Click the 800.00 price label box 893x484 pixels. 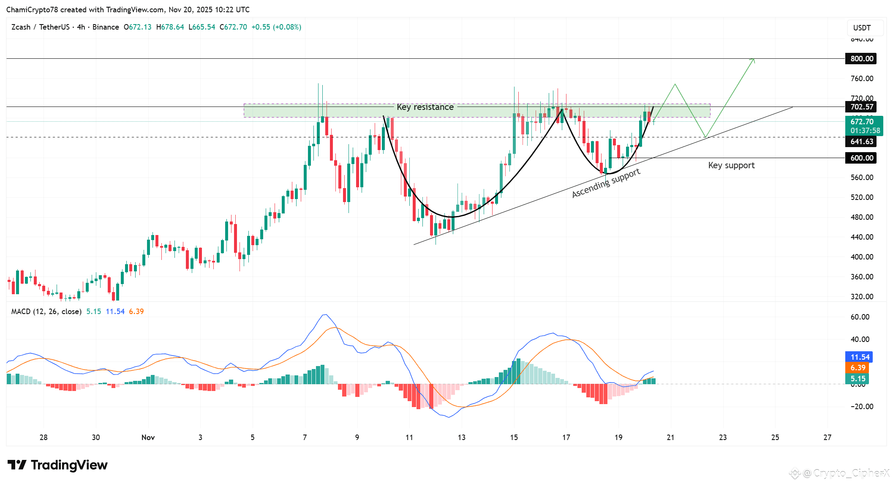[861, 59]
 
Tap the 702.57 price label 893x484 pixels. [861, 107]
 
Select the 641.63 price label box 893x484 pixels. [861, 142]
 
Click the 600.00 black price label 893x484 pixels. [861, 158]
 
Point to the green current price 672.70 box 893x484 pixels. [864, 126]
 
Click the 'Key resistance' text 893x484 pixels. [425, 107]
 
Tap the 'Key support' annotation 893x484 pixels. [731, 165]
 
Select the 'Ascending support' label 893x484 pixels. [606, 183]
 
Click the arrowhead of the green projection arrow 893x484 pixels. [753, 60]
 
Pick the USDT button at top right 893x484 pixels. [862, 28]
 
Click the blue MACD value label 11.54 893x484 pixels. [859, 357]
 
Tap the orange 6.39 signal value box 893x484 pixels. [858, 368]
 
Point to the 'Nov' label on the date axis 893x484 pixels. [148, 438]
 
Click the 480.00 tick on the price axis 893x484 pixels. [862, 217]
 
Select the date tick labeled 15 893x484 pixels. [514, 438]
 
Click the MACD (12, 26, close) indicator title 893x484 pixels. [46, 312]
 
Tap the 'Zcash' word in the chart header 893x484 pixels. [21, 27]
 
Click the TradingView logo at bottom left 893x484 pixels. [57, 465]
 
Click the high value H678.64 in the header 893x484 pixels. [170, 27]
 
